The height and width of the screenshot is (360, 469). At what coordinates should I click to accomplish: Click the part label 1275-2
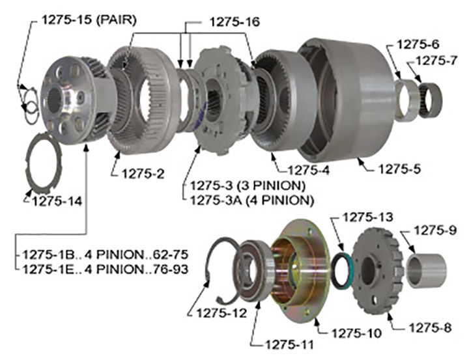(143, 174)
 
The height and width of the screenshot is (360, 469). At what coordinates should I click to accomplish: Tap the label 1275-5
(399, 169)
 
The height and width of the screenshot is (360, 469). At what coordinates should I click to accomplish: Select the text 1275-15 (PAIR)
(89, 20)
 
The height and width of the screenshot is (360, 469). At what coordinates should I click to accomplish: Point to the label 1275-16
(234, 22)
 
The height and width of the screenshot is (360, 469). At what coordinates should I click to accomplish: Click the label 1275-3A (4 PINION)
(252, 200)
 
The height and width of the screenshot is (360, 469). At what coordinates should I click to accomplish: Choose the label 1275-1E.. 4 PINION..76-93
(106, 270)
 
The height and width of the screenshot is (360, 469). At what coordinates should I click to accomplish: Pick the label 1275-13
(367, 217)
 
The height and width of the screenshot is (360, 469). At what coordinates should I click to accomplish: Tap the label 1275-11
(289, 345)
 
